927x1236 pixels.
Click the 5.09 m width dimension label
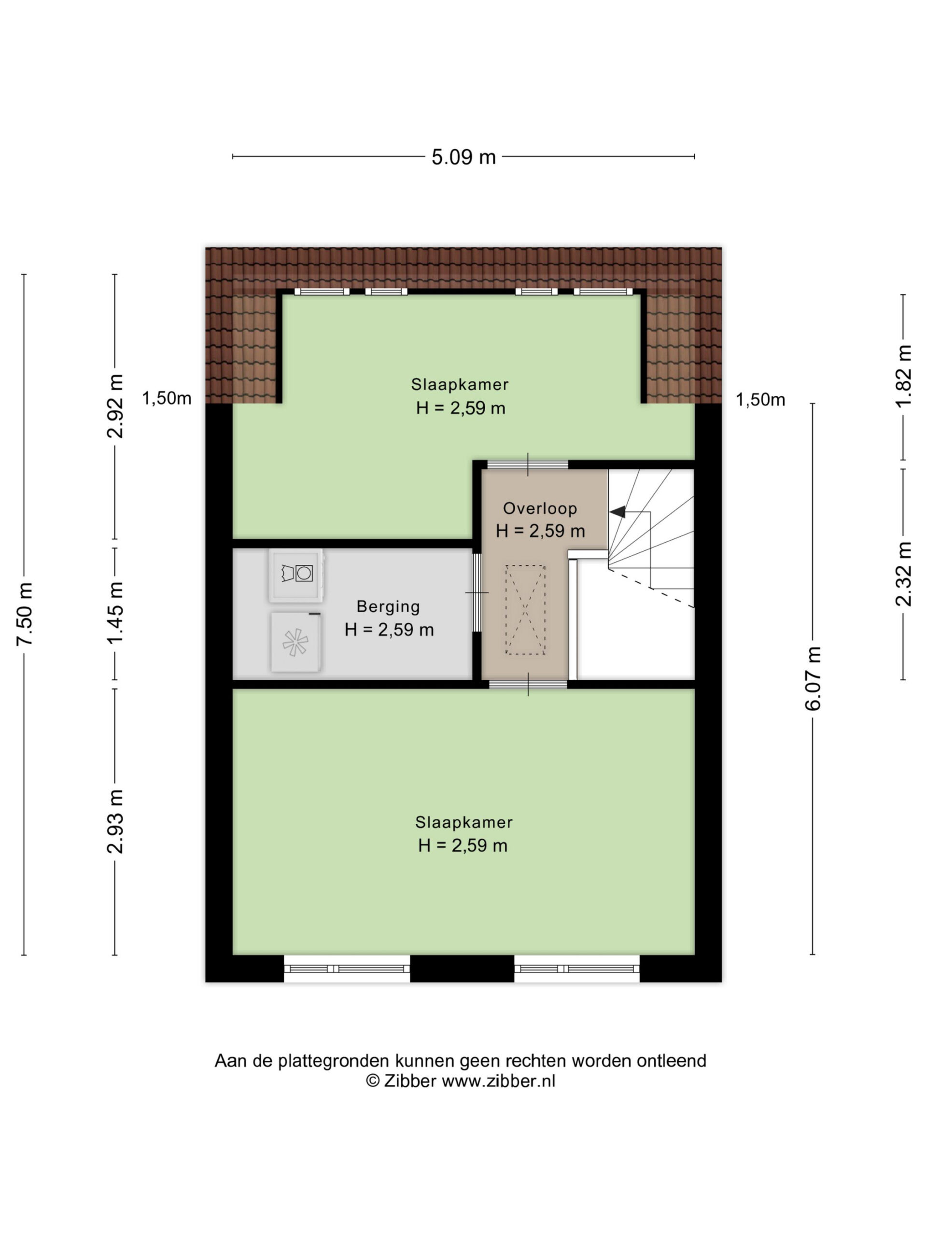click(463, 157)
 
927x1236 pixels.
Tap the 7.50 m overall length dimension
click(26, 613)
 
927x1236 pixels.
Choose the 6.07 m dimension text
click(813, 678)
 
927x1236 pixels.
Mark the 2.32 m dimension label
click(903, 574)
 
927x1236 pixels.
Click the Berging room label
click(388, 606)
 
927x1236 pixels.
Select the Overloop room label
click(540, 508)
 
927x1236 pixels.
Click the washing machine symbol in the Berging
click(296, 576)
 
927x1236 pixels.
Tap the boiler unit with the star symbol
click(295, 642)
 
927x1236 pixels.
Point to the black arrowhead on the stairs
click(617, 511)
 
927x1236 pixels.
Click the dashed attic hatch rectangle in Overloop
click(525, 610)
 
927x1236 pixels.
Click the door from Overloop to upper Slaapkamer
click(528, 464)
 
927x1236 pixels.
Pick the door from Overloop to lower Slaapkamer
click(528, 685)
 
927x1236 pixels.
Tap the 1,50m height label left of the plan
click(167, 398)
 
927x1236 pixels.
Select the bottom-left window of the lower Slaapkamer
click(347, 969)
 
